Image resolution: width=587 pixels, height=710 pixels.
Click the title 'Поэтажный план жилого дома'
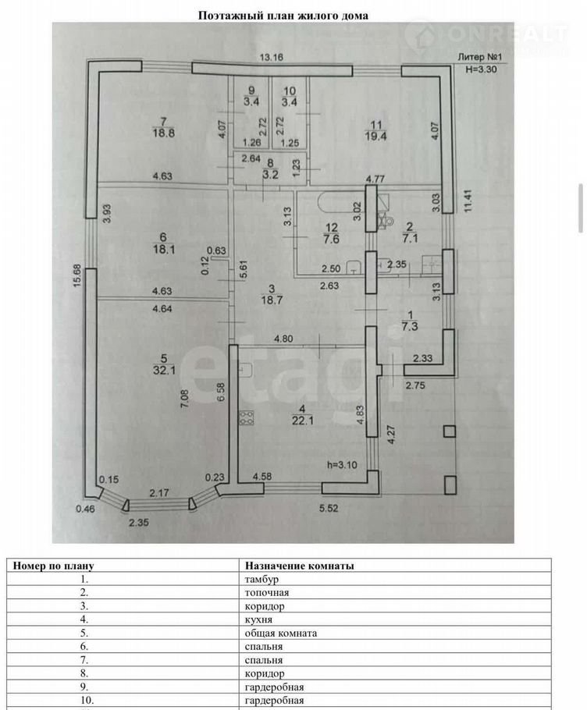click(x=283, y=15)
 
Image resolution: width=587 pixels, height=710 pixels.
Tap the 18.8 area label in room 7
click(x=163, y=133)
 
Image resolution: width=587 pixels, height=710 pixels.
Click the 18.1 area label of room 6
click(x=163, y=250)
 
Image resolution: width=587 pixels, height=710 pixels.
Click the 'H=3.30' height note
click(x=481, y=69)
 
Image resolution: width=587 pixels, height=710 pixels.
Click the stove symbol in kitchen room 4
click(x=247, y=417)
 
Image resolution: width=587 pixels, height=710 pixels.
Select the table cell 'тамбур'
click(x=261, y=579)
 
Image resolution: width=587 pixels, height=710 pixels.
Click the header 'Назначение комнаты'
click(x=300, y=565)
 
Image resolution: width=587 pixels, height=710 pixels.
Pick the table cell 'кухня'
click(x=258, y=619)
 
